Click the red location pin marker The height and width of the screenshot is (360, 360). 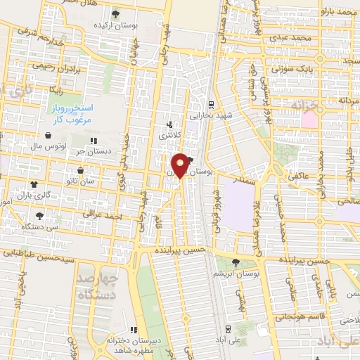[181, 166]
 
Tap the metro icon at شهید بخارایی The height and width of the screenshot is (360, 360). [212, 103]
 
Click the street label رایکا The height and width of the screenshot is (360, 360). [53, 90]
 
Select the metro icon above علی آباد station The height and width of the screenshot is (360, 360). [227, 328]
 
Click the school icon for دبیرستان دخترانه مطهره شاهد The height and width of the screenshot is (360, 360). [134, 330]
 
